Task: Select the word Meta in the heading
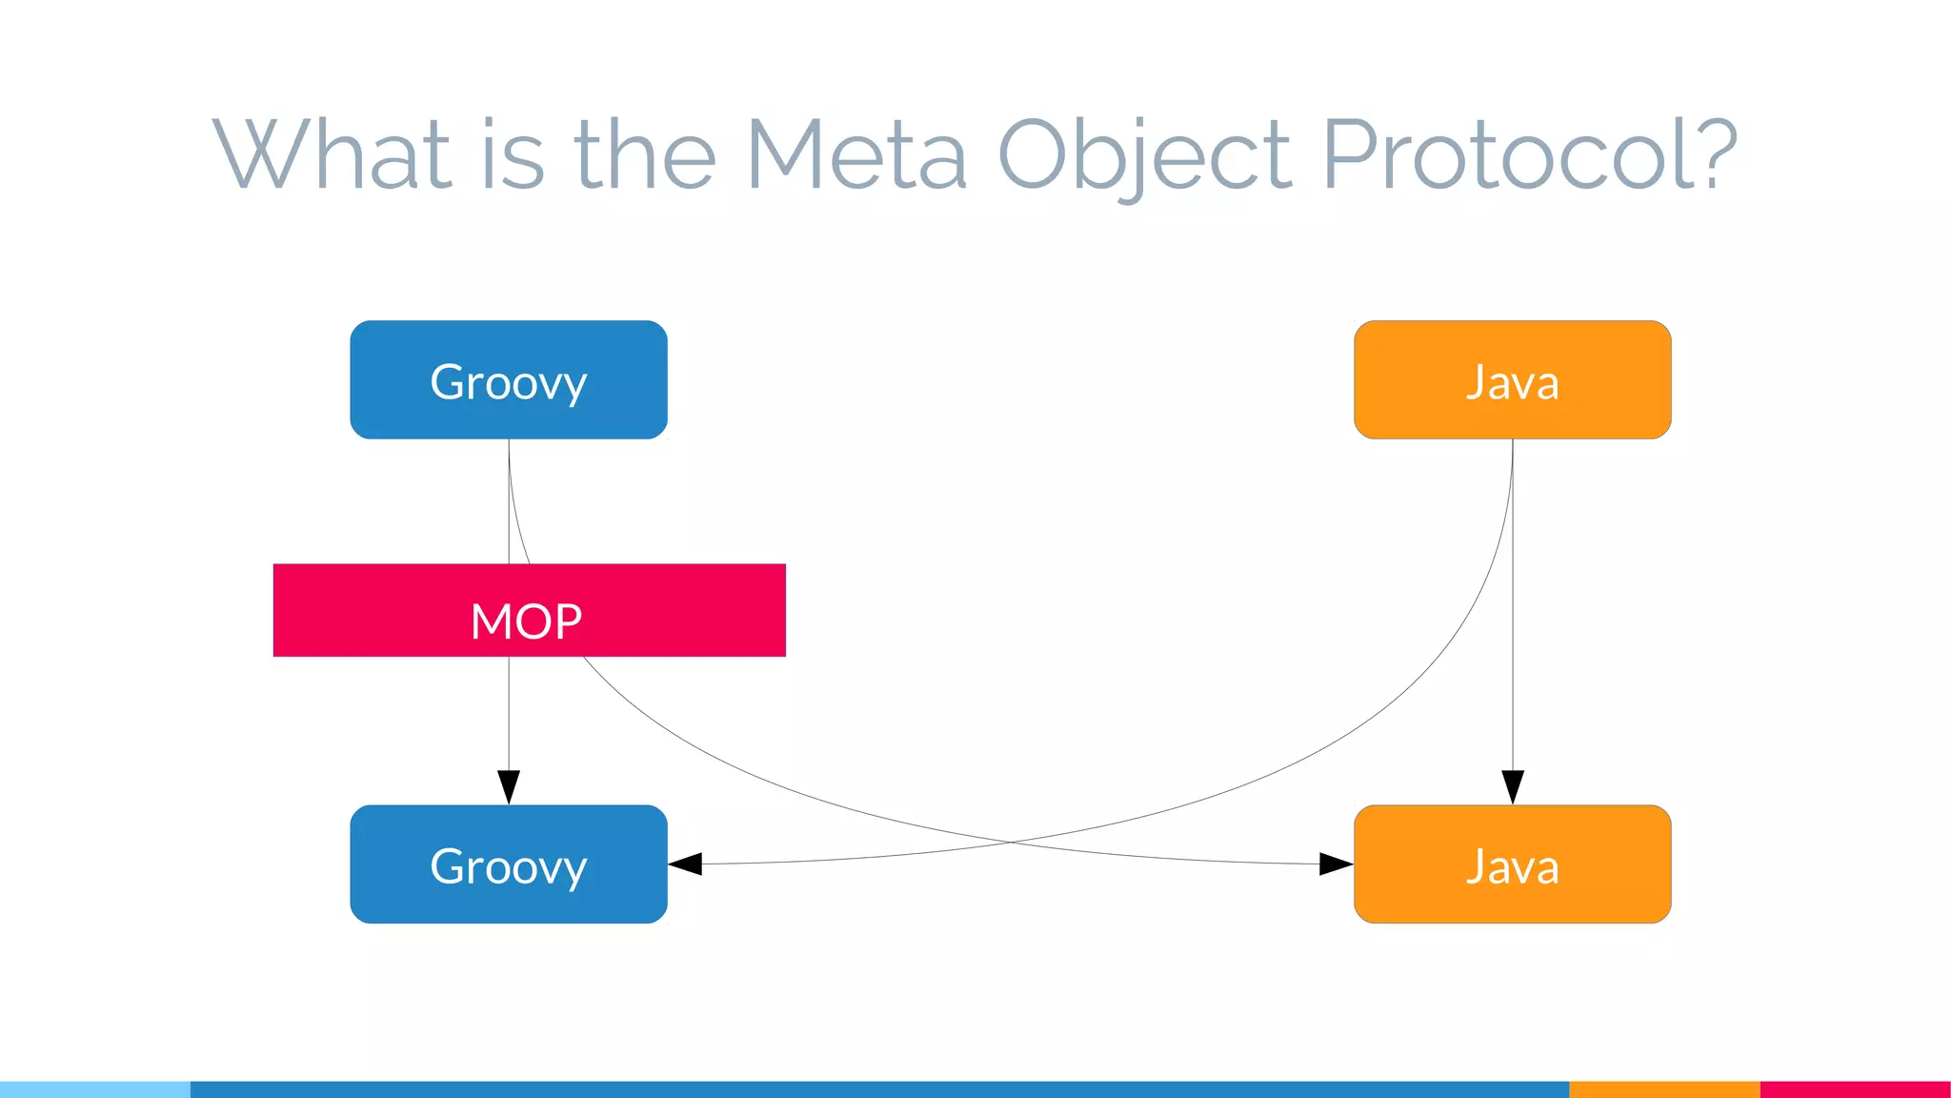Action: [856, 154]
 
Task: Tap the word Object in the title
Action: [1143, 154]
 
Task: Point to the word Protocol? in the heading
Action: [1530, 154]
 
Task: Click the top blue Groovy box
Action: [508, 380]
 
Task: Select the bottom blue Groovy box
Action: [508, 864]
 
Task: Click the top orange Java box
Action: [1512, 380]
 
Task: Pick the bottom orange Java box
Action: [1512, 864]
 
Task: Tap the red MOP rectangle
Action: [529, 610]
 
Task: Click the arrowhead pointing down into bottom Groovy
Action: [509, 786]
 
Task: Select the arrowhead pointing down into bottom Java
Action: [1513, 786]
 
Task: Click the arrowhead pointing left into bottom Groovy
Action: [686, 864]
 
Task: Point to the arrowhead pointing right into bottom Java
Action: [1336, 864]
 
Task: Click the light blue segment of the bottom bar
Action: [95, 1089]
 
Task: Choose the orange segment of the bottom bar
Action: [1663, 1089]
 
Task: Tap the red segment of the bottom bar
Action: [1855, 1089]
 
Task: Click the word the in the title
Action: [644, 154]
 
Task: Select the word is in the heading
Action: [513, 154]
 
